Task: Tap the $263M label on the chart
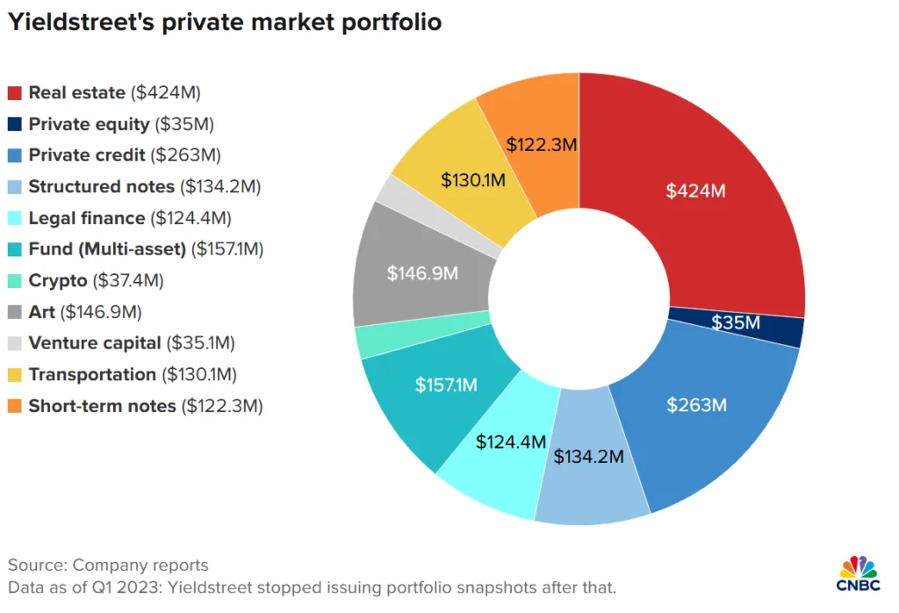pos(698,405)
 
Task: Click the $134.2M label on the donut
pos(588,457)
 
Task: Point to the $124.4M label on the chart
pos(511,441)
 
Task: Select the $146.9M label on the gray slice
pos(423,273)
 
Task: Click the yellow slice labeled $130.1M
pos(473,181)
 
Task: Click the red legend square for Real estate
pos(14,92)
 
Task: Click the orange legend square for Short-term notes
pos(14,406)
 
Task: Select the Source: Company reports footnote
pos(108,565)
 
